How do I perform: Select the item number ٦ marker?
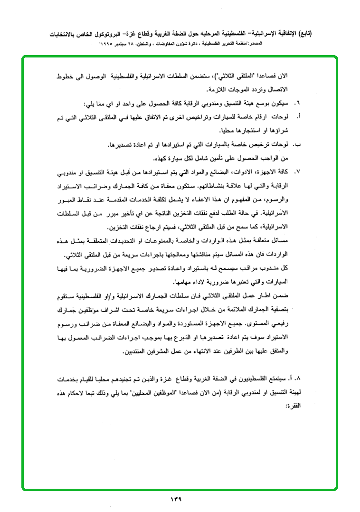(x=298, y=103)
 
